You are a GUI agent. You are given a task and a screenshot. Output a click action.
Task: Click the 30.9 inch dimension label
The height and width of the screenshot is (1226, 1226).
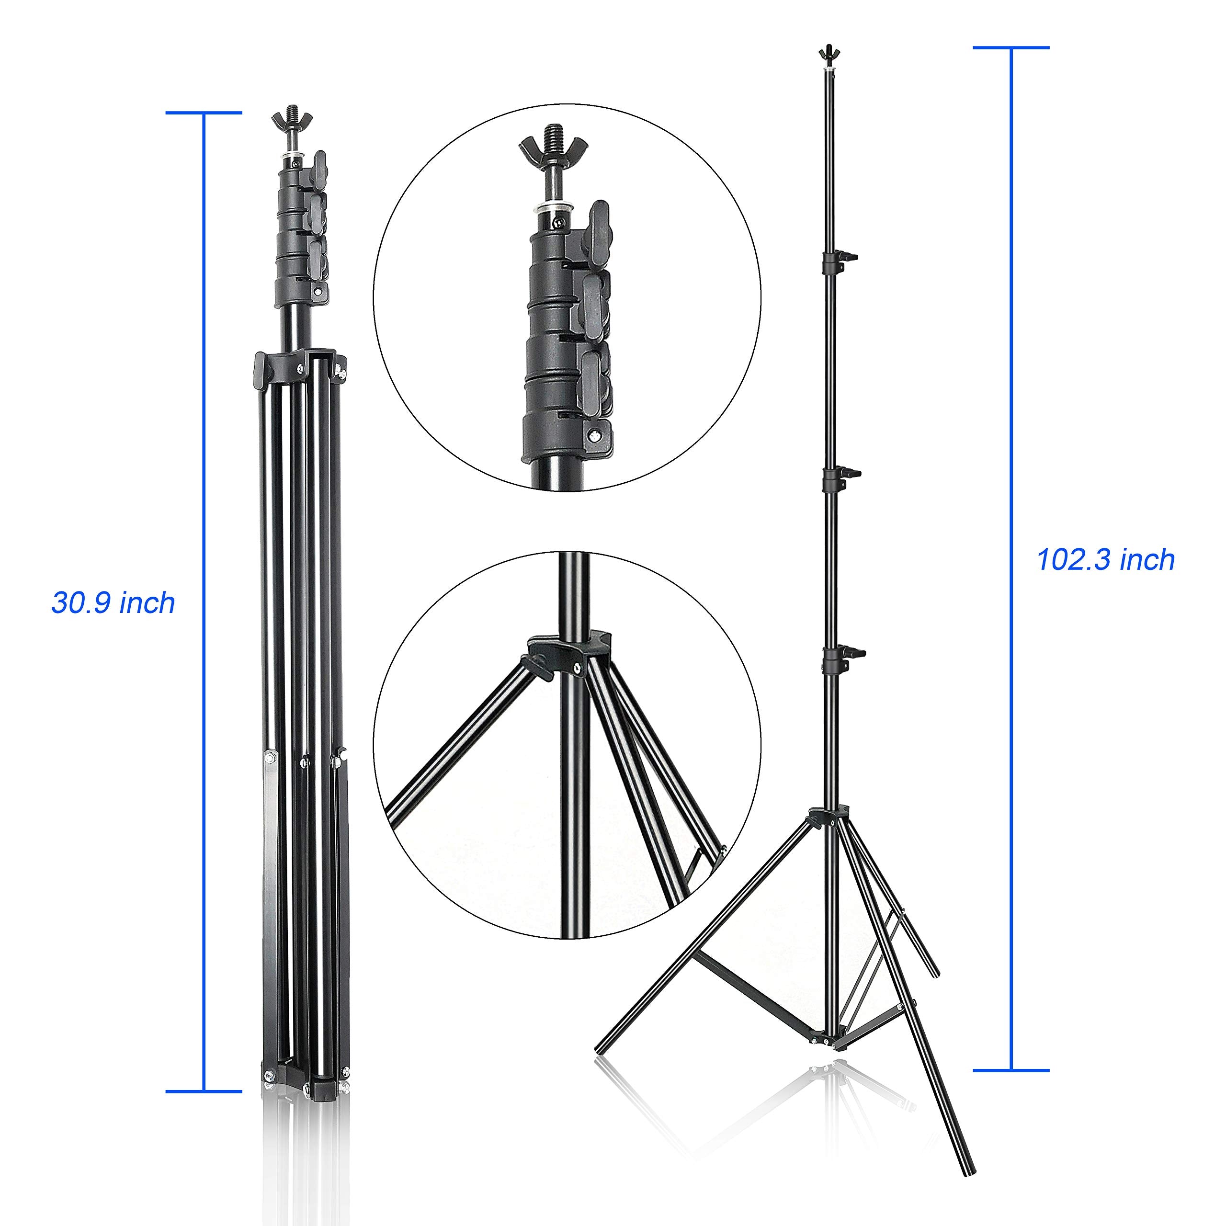coord(113,603)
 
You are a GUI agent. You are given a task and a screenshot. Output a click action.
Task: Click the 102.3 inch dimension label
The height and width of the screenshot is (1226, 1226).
coord(1105,560)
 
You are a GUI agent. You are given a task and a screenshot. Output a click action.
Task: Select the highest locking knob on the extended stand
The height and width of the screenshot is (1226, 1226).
coord(849,256)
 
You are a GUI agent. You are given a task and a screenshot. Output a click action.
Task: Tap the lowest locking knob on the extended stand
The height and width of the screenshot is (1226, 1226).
coord(851,652)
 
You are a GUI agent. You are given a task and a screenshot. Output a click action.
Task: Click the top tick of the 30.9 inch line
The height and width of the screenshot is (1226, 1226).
coord(204,113)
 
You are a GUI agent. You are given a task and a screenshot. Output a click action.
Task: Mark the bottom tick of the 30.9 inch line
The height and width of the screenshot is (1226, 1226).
coord(204,1091)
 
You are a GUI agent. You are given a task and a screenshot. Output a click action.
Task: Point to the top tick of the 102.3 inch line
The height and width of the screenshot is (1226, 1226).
coord(1011,47)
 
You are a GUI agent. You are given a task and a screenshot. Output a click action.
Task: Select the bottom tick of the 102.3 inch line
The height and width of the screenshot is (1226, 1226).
coord(1011,1070)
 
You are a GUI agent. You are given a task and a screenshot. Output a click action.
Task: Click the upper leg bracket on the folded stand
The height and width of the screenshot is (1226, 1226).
coord(298,365)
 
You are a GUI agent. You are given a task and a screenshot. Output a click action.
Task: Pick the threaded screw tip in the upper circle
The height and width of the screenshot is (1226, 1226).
coord(553,135)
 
